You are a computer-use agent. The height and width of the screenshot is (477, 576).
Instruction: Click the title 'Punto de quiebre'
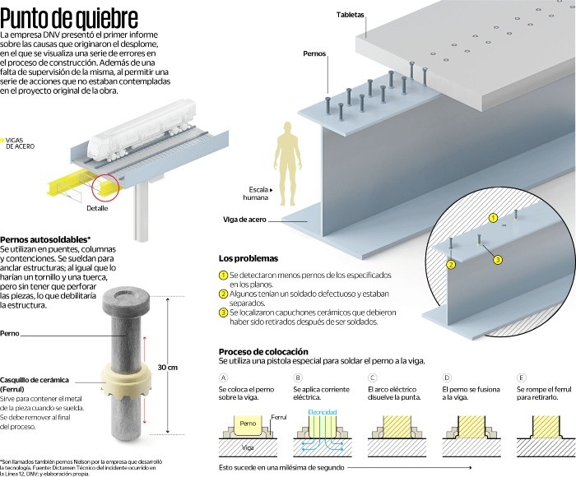(x=70, y=17)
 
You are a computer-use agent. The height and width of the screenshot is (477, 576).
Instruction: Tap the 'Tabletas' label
(x=354, y=16)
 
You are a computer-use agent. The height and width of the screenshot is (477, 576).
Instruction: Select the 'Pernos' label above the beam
(x=314, y=52)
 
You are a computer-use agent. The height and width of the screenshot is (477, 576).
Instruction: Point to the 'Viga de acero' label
(x=245, y=219)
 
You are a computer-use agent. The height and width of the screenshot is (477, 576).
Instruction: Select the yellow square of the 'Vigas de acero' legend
(x=3, y=140)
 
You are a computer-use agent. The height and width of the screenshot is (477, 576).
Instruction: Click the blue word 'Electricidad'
(x=323, y=410)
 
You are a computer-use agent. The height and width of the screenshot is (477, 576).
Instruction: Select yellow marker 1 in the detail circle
(x=493, y=218)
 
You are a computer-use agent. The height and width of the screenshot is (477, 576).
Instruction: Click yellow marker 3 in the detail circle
(x=498, y=259)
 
